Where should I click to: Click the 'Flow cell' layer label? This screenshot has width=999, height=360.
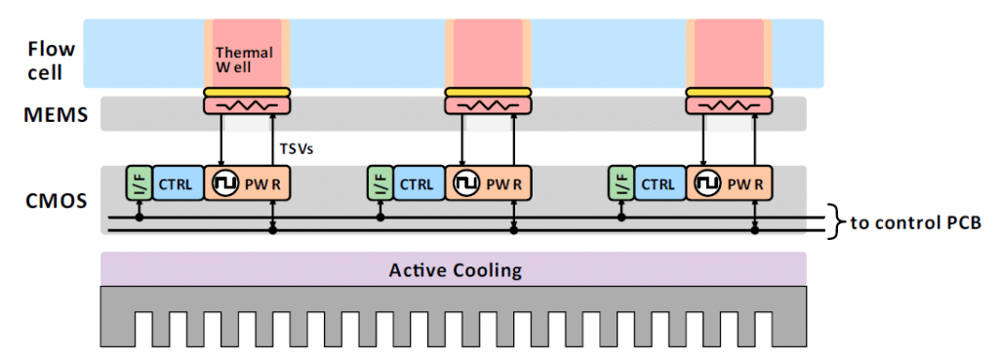click(x=45, y=60)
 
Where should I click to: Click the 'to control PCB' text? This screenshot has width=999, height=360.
click(x=915, y=222)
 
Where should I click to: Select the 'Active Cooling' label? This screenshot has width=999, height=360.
click(x=454, y=269)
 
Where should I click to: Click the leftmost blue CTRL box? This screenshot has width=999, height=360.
click(x=178, y=182)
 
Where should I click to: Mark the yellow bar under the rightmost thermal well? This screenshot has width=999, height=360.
click(x=729, y=93)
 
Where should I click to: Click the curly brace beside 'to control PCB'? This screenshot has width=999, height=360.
click(x=833, y=222)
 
